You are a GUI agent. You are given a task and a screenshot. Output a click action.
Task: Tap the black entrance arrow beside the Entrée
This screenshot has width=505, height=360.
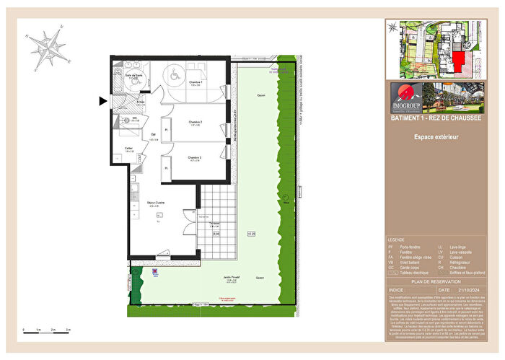point(103,102)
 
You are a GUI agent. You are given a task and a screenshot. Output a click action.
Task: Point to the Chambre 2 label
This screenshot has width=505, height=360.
point(194,123)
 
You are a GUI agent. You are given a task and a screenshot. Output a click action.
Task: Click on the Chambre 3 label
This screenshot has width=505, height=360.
point(194,158)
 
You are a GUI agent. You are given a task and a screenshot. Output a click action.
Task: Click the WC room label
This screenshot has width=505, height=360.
point(134,118)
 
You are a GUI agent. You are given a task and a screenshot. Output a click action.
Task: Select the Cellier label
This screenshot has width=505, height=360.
point(128,149)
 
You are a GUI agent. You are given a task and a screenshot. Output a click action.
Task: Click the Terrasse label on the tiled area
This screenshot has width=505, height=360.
point(216,224)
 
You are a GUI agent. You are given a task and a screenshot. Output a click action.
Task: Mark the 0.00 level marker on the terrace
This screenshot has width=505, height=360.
point(216,234)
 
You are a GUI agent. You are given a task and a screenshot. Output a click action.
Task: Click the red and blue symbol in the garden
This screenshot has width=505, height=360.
point(154,273)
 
